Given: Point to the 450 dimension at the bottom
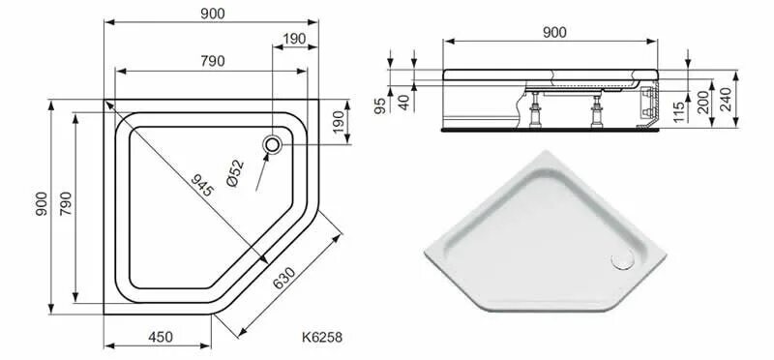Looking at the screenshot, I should pyautogui.click(x=160, y=337).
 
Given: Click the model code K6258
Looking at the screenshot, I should pyautogui.click(x=322, y=337).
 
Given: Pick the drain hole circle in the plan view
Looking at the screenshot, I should pyautogui.click(x=274, y=145).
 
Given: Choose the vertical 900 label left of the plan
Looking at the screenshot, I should pyautogui.click(x=40, y=204).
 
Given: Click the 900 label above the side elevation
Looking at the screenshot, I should pyautogui.click(x=553, y=32).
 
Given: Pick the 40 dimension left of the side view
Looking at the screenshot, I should pyautogui.click(x=405, y=100).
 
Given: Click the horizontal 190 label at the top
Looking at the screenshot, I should pyautogui.click(x=294, y=38).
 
